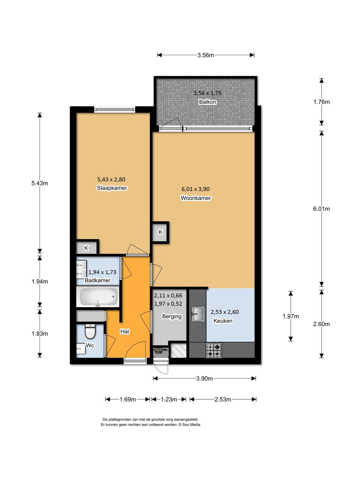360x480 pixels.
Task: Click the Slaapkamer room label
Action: click(x=112, y=188)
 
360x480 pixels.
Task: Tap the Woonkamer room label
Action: click(x=196, y=198)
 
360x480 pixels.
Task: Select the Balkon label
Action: click(x=207, y=102)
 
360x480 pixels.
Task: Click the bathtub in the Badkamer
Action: click(x=98, y=296)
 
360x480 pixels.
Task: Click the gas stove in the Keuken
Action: click(x=214, y=350)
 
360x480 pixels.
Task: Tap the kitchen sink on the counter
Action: click(x=198, y=314)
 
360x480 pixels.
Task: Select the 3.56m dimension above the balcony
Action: click(x=205, y=55)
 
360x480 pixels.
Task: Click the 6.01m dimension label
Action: click(x=321, y=209)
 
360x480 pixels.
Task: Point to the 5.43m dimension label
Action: click(x=40, y=183)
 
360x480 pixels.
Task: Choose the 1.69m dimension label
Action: click(x=128, y=400)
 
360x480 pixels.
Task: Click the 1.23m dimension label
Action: click(x=169, y=400)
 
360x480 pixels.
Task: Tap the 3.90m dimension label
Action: click(x=204, y=379)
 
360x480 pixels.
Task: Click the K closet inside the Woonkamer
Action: click(x=160, y=232)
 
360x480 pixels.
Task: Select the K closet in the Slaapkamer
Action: click(x=86, y=248)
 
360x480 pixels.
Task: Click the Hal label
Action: click(x=124, y=331)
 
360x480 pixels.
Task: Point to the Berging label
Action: click(x=172, y=316)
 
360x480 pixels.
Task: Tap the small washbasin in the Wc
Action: click(x=81, y=349)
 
